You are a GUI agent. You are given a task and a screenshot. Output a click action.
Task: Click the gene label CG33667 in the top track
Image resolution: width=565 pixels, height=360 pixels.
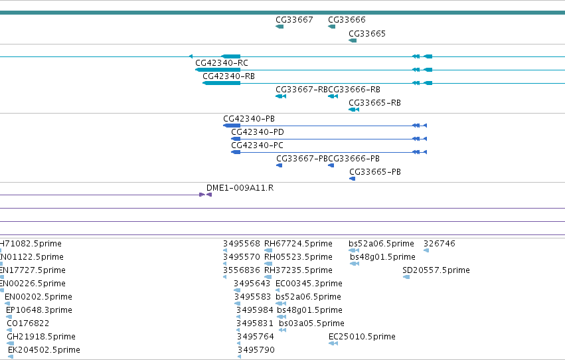point(294,20)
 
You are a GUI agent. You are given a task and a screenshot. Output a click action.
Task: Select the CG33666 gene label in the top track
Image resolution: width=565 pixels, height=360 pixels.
point(347,20)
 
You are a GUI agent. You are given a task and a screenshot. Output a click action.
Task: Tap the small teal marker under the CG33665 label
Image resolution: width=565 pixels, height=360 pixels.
point(353,41)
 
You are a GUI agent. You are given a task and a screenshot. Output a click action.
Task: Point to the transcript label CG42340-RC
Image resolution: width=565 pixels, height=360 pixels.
point(222,63)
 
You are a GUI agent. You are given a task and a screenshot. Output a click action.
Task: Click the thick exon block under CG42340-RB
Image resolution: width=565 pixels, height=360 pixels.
point(222,83)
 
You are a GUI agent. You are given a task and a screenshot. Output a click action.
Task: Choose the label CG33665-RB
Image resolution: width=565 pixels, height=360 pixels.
point(374,103)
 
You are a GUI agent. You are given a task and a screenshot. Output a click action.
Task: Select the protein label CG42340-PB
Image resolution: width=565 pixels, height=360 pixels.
point(249,119)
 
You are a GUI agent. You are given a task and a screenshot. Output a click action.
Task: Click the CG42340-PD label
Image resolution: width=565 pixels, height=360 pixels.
point(258,132)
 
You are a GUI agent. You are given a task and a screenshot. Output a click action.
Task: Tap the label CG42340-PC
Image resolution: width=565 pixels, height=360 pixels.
point(258,145)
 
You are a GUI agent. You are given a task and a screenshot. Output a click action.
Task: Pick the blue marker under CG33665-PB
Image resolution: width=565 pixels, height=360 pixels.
point(353,179)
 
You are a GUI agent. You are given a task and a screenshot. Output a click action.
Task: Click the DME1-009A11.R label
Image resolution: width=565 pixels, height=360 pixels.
point(240,188)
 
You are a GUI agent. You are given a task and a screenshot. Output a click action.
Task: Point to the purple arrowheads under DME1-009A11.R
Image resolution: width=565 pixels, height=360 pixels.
point(205,195)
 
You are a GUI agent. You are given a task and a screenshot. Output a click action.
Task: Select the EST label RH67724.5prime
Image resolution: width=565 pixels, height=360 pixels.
point(298,244)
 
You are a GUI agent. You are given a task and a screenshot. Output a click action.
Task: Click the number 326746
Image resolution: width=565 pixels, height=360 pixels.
point(440,244)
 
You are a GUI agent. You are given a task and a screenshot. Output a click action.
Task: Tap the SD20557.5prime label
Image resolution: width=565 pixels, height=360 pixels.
point(436,270)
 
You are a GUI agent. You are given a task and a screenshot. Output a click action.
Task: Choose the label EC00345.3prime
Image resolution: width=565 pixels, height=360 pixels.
point(309,284)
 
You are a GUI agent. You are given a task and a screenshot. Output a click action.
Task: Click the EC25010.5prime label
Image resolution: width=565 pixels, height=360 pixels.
point(362,337)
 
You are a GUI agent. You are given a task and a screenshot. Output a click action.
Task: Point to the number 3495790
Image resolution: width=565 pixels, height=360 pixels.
point(256,350)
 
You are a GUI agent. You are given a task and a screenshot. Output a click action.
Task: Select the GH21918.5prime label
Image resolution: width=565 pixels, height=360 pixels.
point(41,337)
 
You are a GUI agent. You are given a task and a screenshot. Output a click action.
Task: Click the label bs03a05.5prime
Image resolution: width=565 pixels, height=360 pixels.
point(311,323)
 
